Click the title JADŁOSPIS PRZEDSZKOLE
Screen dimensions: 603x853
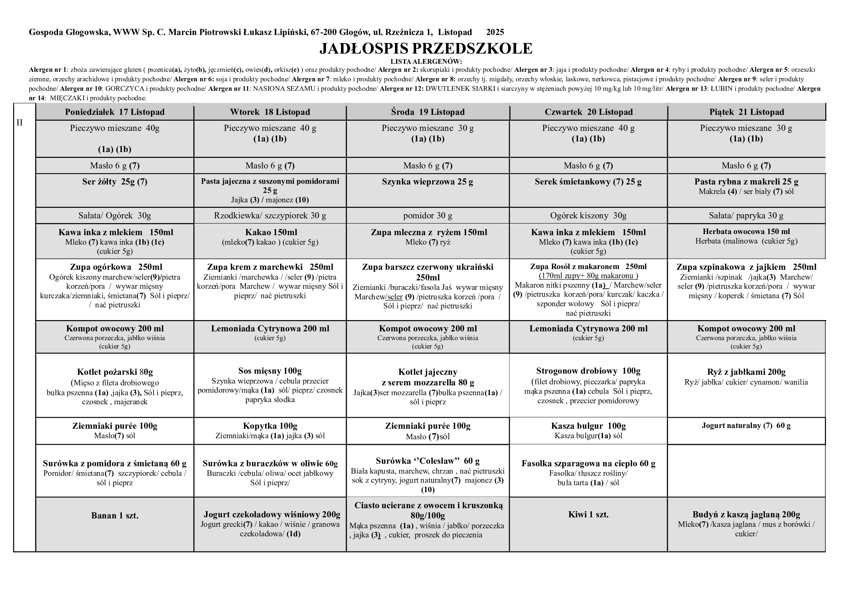point(426,48)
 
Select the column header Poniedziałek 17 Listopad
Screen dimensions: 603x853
point(115,112)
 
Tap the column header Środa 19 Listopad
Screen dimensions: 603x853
point(428,112)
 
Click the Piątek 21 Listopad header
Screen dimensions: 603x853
point(746,112)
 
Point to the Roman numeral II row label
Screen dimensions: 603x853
point(20,123)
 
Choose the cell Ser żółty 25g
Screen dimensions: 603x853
point(115,182)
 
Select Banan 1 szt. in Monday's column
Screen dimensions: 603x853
point(115,516)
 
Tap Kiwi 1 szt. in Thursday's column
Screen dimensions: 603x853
point(588,515)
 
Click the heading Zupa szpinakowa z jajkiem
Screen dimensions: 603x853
point(746,267)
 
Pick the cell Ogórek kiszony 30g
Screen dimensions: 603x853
point(588,216)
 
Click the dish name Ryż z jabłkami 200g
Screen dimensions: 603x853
point(746,372)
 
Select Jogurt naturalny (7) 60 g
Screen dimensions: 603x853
point(746,426)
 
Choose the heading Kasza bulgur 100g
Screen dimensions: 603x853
point(588,426)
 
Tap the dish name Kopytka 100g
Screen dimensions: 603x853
point(270,426)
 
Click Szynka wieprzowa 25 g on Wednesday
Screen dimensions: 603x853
point(428,182)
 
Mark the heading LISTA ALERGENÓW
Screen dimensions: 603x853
point(426,62)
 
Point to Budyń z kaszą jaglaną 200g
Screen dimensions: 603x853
point(746,515)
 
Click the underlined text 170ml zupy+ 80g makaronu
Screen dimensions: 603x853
point(588,276)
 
